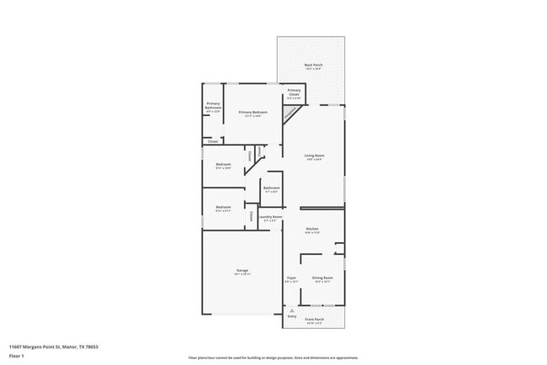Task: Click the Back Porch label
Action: point(312,66)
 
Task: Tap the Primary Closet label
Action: point(294,92)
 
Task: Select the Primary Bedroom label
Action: point(252,113)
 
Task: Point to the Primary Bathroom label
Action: point(213,106)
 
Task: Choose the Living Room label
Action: point(314,156)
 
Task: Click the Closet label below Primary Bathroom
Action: point(213,140)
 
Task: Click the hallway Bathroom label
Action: point(272,189)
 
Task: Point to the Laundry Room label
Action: point(270,218)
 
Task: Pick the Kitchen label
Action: point(311,230)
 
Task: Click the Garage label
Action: point(242,271)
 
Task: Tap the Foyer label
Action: point(292,278)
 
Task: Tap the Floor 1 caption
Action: point(17,356)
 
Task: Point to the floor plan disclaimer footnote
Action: point(273,357)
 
